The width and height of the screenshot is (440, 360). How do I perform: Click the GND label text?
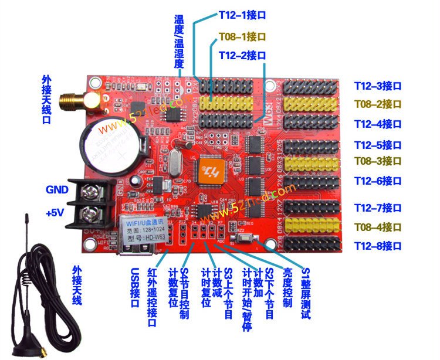[x=57, y=190]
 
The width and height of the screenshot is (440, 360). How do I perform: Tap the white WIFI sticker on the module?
[x=141, y=228]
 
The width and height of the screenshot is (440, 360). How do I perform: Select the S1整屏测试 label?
[x=305, y=293]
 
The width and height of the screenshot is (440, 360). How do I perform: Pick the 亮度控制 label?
[x=287, y=287]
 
